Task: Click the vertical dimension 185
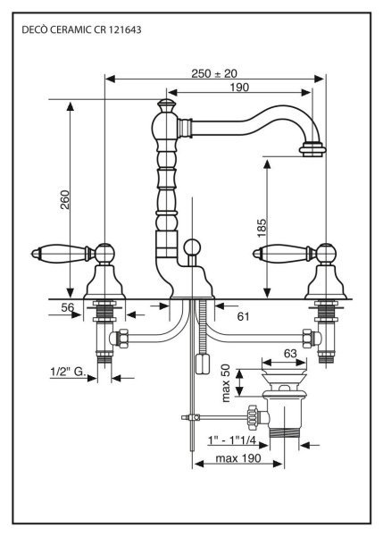pos(261,229)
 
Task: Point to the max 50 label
pos(227,382)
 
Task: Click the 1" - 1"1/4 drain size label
pos(231,441)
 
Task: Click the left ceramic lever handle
pos(55,254)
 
